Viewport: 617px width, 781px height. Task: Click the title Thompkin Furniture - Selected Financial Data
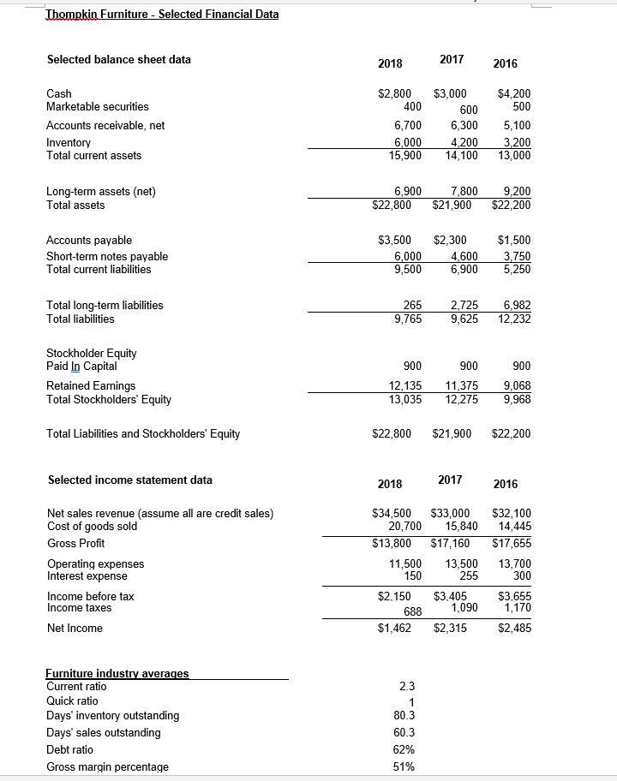[162, 14]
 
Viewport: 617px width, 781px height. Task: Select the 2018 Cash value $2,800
[394, 94]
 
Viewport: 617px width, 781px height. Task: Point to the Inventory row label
[69, 143]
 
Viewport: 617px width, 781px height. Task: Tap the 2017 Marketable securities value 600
[468, 110]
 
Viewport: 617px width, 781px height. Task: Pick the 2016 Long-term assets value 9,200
[515, 191]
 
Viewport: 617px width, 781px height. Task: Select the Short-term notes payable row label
[107, 256]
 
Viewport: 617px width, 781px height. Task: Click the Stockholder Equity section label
[91, 353]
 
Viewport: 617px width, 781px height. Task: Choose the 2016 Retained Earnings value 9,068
[515, 386]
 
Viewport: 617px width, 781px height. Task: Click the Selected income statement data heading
[129, 480]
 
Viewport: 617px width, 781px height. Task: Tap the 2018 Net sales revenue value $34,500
[391, 514]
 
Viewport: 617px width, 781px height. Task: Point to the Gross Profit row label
[75, 543]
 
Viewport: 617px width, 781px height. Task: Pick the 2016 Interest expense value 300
[520, 576]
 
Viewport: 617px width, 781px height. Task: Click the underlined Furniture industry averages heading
[117, 674]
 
